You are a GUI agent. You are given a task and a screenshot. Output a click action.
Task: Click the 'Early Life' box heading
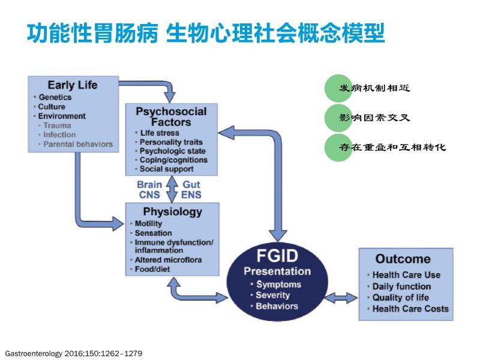tap(73, 85)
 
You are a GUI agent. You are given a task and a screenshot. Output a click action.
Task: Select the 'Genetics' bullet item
tap(55, 97)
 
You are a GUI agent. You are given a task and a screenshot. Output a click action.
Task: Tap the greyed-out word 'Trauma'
tap(57, 125)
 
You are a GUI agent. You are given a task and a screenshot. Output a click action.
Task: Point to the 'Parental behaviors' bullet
tap(78, 144)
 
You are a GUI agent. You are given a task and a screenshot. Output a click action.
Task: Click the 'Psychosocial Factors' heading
tap(171, 116)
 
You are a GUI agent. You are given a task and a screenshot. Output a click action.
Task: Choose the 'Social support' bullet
tap(166, 169)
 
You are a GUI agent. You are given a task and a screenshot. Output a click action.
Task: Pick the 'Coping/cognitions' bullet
tap(173, 160)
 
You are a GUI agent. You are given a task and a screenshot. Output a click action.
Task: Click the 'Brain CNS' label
tap(149, 190)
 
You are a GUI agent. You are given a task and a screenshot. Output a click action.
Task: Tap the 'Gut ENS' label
tap(191, 190)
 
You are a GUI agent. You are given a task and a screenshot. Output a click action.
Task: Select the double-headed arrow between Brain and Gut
tap(172, 189)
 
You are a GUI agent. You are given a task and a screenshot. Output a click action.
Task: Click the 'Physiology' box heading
tap(173, 212)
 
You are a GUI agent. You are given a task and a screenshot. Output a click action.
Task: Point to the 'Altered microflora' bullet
tap(168, 260)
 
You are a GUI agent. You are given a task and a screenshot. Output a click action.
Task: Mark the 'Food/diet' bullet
tap(152, 269)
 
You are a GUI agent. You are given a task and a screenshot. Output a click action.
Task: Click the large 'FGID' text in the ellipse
tap(277, 256)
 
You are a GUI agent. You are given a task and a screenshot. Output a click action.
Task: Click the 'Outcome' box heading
tap(403, 259)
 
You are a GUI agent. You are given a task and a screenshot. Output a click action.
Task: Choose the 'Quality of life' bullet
tap(400, 297)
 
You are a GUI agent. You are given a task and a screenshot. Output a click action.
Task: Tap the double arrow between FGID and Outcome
tap(341, 297)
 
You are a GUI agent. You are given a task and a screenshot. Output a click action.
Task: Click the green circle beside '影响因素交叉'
tap(338, 118)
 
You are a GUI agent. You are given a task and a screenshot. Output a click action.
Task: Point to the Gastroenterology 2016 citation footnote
tap(74, 353)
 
